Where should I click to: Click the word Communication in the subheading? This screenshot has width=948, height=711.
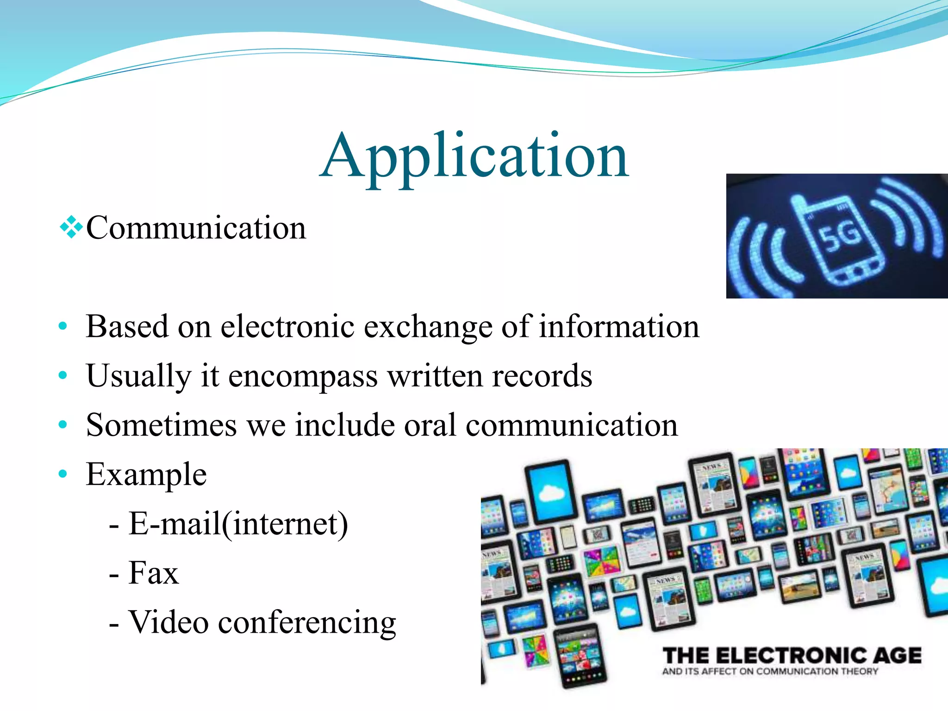coord(196,228)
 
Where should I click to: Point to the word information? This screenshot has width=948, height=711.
coord(619,327)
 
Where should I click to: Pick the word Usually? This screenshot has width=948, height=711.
coord(138,376)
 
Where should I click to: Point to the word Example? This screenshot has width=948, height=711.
coord(146,475)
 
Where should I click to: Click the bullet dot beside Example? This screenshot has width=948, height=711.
coord(63,474)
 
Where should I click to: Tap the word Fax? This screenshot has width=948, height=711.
coord(153,573)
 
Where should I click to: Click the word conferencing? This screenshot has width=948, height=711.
coord(307,623)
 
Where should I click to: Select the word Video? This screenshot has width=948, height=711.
coord(168,622)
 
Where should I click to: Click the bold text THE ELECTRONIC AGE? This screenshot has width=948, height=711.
coord(792,655)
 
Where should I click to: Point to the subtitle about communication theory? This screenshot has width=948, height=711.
coord(770,672)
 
